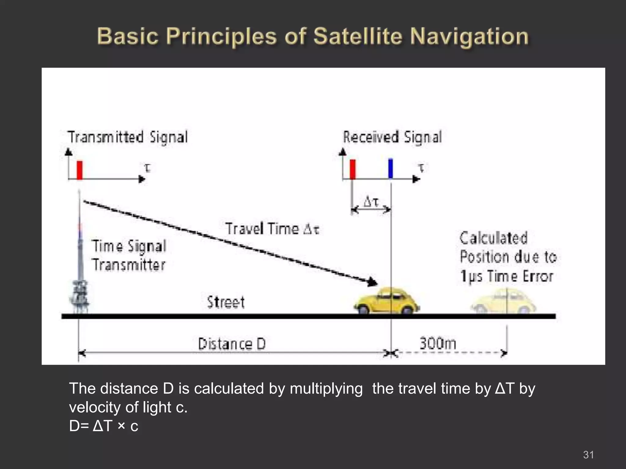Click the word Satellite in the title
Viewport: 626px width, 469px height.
pyautogui.click(x=358, y=37)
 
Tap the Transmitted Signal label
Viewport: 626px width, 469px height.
pyautogui.click(x=127, y=137)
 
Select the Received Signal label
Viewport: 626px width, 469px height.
pyautogui.click(x=392, y=137)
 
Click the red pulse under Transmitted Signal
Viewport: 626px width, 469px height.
pyautogui.click(x=79, y=170)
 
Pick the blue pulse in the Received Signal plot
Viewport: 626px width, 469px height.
pyautogui.click(x=390, y=169)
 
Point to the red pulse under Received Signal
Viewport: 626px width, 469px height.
pyautogui.click(x=352, y=169)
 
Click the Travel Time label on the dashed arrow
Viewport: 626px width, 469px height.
pyautogui.click(x=272, y=229)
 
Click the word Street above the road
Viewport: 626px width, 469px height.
pyautogui.click(x=226, y=302)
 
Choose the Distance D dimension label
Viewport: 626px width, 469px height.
pyautogui.click(x=232, y=344)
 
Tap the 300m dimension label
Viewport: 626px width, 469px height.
pyautogui.click(x=437, y=343)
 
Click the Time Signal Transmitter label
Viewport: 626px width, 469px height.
pyautogui.click(x=129, y=256)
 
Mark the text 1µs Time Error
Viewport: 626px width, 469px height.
pyautogui.click(x=506, y=276)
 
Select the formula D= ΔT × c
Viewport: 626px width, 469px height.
pyautogui.click(x=104, y=426)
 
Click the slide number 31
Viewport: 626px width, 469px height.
pyautogui.click(x=588, y=455)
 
